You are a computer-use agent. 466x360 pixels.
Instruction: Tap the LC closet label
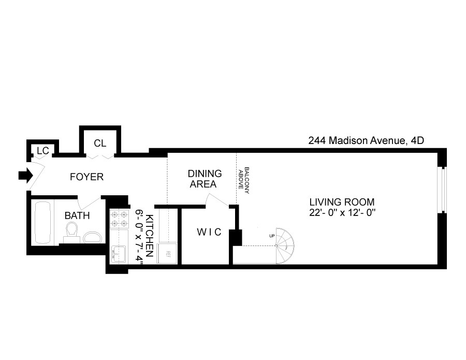pyautogui.click(x=42, y=151)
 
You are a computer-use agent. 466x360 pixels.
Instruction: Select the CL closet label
pyautogui.click(x=100, y=143)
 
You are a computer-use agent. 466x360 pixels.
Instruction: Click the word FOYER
pyautogui.click(x=86, y=177)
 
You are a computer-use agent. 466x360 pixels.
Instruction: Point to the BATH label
pyautogui.click(x=77, y=215)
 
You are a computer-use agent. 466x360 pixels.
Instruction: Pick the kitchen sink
pyautogui.click(x=119, y=254)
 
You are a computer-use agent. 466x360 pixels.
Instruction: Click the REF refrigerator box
pyautogui.click(x=168, y=253)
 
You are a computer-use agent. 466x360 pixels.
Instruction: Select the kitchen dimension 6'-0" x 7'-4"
pyautogui.click(x=139, y=237)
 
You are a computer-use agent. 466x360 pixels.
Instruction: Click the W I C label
pyautogui.click(x=209, y=232)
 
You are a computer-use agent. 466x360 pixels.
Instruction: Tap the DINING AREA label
pyautogui.click(x=205, y=179)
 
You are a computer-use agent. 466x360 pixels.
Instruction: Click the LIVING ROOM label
pyautogui.click(x=341, y=202)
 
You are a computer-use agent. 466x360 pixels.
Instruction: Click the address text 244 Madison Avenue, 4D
pyautogui.click(x=366, y=140)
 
